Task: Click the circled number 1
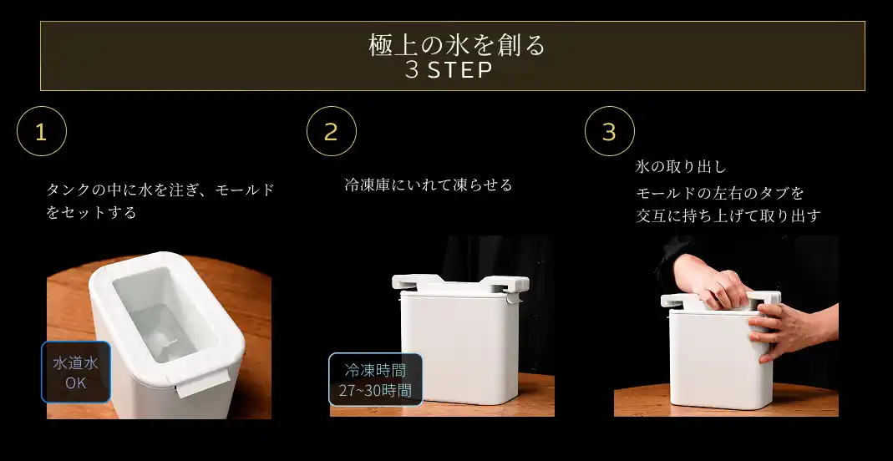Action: [x=42, y=131]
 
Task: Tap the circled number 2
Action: [x=332, y=131]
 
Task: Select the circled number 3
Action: [x=609, y=131]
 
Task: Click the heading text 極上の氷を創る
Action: [x=457, y=46]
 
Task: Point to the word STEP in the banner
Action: [x=460, y=71]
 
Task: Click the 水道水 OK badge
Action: [x=76, y=372]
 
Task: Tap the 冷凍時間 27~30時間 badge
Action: [x=375, y=380]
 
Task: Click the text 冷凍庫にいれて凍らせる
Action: [x=429, y=185]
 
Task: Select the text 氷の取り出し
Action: [x=681, y=167]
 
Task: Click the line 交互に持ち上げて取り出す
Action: [x=728, y=215]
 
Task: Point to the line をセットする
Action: [x=91, y=213]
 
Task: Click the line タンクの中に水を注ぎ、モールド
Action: [x=160, y=190]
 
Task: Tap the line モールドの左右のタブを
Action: [x=720, y=193]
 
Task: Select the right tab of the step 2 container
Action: [x=505, y=283]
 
